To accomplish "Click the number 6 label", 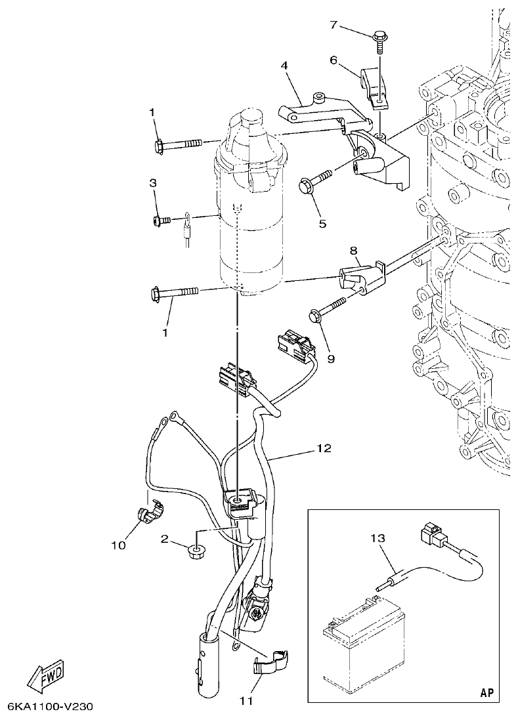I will [x=334, y=60].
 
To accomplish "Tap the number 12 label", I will [x=323, y=449].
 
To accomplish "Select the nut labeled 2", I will [x=195, y=552].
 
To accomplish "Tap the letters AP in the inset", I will [x=486, y=692].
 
